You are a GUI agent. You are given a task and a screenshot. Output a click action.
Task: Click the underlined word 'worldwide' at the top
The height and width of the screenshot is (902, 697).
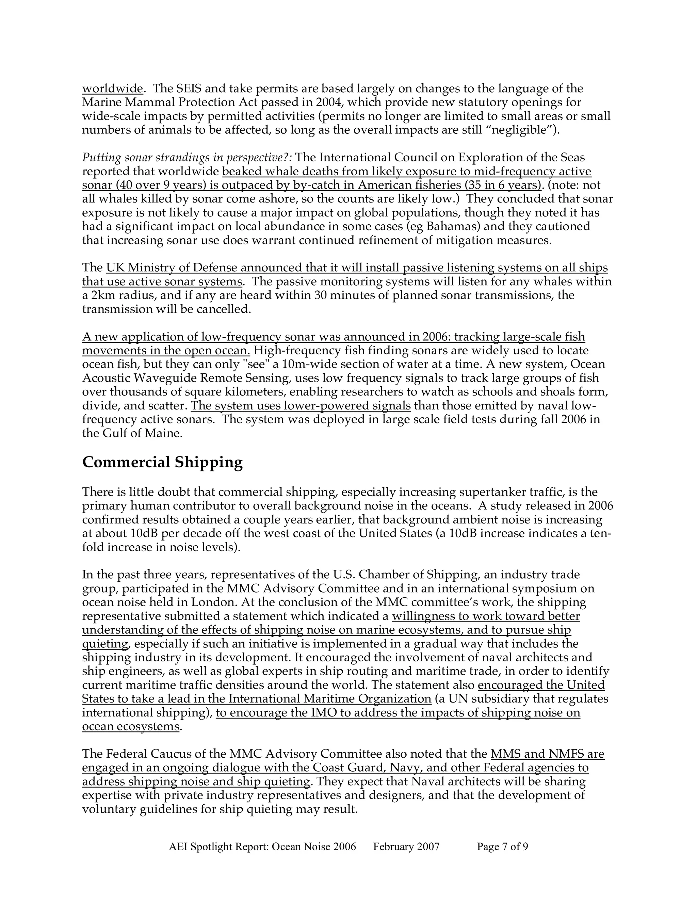[x=112, y=89]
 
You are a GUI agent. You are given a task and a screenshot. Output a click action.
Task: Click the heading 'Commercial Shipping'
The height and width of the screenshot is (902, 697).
[x=162, y=462]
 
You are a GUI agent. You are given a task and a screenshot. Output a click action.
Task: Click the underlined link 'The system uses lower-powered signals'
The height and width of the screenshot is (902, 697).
[x=301, y=406]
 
